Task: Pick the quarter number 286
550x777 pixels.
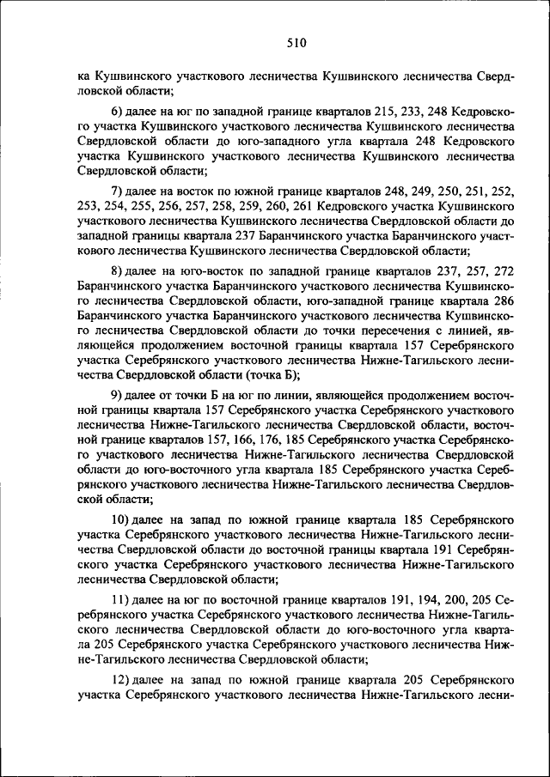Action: (x=503, y=301)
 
